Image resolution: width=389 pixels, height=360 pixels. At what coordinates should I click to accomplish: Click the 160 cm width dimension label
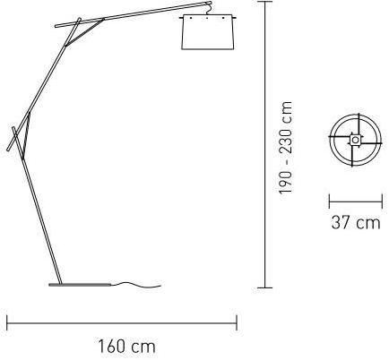127,347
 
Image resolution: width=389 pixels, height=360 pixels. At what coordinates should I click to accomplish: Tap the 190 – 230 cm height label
285,148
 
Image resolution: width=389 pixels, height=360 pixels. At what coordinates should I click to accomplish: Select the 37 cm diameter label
356,223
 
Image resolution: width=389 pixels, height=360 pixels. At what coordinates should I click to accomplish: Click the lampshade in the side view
208,32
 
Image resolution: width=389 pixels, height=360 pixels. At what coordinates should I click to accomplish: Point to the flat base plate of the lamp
81,285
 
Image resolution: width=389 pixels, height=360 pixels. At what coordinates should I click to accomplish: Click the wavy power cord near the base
137,285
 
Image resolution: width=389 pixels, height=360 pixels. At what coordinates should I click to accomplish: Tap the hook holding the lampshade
209,8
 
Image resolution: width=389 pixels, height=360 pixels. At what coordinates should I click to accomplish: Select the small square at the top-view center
355,140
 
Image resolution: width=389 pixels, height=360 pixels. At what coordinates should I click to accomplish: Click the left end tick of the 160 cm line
7,322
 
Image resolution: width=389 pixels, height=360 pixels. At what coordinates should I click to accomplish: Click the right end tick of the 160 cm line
237,322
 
